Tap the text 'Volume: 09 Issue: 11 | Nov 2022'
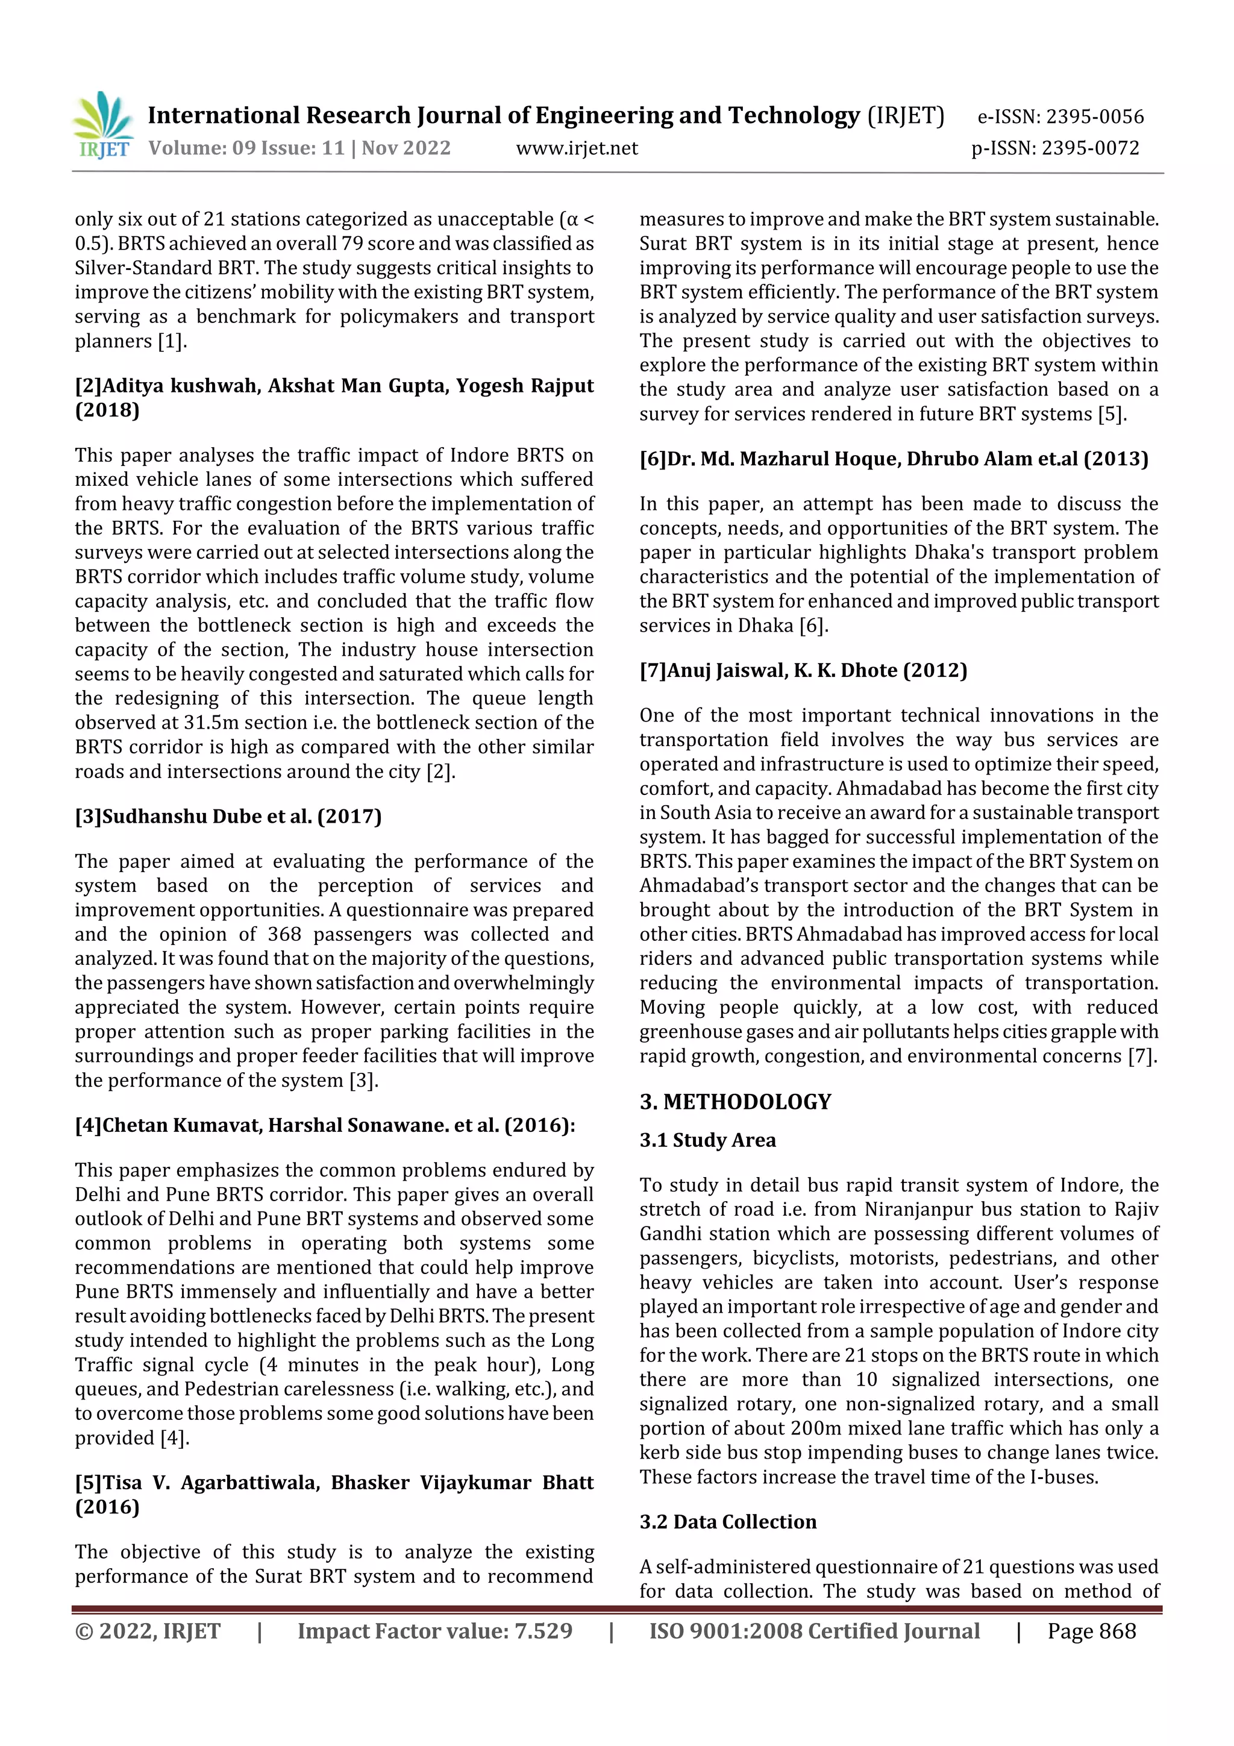(299, 148)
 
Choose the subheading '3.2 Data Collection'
(728, 1522)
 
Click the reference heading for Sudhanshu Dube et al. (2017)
(228, 816)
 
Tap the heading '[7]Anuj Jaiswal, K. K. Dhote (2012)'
(803, 670)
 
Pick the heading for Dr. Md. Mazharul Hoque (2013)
(894, 459)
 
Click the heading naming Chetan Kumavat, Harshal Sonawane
(325, 1125)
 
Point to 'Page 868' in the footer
(1091, 1631)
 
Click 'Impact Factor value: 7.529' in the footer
(434, 1631)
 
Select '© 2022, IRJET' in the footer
(148, 1631)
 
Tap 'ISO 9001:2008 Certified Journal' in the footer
(813, 1631)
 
